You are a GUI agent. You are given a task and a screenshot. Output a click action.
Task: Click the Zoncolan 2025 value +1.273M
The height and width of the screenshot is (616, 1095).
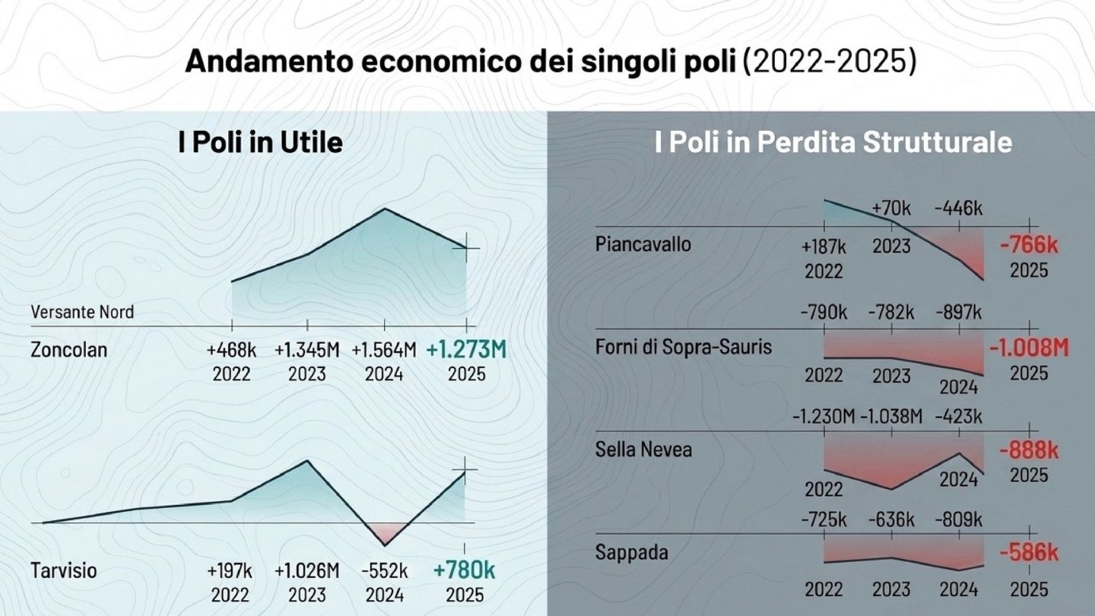[x=465, y=351]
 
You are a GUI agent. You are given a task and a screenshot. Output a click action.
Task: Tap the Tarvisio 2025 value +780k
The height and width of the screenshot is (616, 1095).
[x=464, y=570]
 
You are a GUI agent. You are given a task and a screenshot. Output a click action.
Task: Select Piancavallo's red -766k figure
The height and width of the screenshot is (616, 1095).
[x=1028, y=246]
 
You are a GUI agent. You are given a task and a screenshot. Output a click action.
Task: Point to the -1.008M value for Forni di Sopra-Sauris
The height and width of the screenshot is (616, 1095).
[x=1028, y=348]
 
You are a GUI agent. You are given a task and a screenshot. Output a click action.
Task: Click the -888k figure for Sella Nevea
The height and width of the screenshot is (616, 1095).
[x=1028, y=450]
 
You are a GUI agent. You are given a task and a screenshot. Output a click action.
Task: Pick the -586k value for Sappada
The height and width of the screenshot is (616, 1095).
[x=1028, y=552]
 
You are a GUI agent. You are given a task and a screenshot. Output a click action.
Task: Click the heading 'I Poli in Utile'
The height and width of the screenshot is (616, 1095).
[x=260, y=143]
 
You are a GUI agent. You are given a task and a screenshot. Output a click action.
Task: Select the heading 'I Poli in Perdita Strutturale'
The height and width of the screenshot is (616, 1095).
[x=833, y=143]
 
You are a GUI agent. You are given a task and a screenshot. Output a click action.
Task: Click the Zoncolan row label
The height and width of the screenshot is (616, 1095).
[x=69, y=351]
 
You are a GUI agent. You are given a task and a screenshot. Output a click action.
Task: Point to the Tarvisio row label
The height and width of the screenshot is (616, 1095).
[x=64, y=570]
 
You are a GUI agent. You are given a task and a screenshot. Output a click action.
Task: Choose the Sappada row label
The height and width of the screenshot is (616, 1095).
[x=632, y=552]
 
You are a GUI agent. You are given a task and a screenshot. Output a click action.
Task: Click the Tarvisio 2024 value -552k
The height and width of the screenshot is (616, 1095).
[x=384, y=570]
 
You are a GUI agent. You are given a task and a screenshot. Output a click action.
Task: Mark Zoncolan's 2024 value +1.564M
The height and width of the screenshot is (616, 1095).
[x=384, y=351]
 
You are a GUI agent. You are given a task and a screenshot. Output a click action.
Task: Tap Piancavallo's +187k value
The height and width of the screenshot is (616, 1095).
[x=824, y=247]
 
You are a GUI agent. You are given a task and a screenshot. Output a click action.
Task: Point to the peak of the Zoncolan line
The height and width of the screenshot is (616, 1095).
[x=385, y=208]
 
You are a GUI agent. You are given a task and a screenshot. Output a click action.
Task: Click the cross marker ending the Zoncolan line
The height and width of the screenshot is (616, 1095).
[x=465, y=248]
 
